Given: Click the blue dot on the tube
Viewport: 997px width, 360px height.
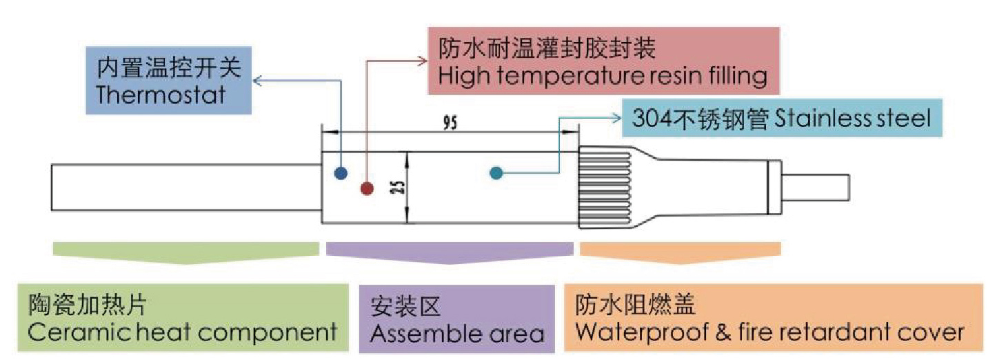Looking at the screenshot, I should click(340, 173).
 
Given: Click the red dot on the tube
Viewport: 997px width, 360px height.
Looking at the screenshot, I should click(366, 188).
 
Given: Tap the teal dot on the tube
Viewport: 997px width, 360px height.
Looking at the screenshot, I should click(496, 173).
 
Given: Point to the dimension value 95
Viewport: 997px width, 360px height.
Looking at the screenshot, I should click(450, 123).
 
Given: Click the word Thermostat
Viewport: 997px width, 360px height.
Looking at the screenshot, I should click(161, 94).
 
